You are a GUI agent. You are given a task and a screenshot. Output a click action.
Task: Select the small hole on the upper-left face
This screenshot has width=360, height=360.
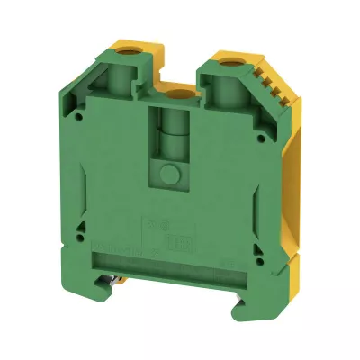coord(84,116)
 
